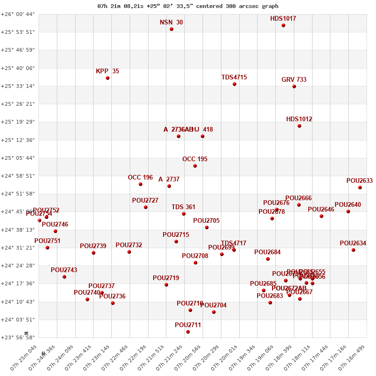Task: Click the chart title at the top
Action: pyautogui.click(x=188, y=6)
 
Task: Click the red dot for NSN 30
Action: pyautogui.click(x=172, y=29)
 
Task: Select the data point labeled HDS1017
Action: pyautogui.click(x=283, y=25)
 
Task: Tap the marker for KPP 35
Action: pyautogui.click(x=108, y=78)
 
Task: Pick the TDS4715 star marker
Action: pyautogui.click(x=235, y=84)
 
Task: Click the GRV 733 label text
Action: pyautogui.click(x=294, y=80)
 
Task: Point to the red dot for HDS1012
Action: pyautogui.click(x=299, y=126)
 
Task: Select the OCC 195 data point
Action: pyautogui.click(x=195, y=166)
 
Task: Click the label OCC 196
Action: pyautogui.click(x=140, y=178)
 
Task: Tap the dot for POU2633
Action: pyautogui.click(x=360, y=188)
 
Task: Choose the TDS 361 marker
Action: pyautogui.click(x=184, y=214)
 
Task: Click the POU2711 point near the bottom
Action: pyautogui.click(x=188, y=332)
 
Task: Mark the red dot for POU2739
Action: pyautogui.click(x=94, y=253)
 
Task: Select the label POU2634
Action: pyautogui.click(x=352, y=243)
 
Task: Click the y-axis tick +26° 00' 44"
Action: pyautogui.click(x=18, y=14)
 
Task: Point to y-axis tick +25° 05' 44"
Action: pyautogui.click(x=18, y=158)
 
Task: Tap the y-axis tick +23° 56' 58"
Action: pyautogui.click(x=18, y=337)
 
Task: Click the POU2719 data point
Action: pyautogui.click(x=166, y=285)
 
